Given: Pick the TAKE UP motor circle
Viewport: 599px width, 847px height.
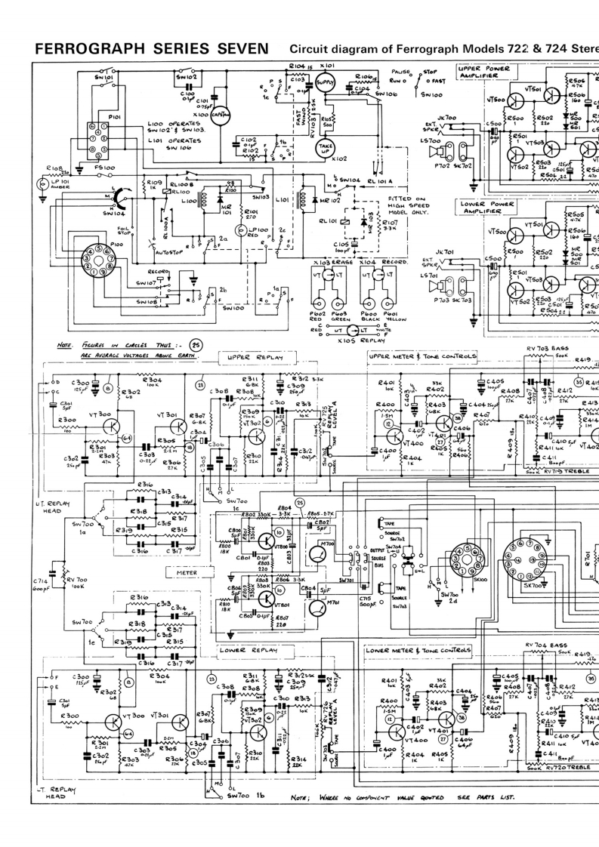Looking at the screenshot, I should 326,149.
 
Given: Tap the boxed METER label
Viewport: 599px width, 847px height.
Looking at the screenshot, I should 186,572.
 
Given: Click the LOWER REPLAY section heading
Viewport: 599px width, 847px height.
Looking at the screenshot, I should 247,649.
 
